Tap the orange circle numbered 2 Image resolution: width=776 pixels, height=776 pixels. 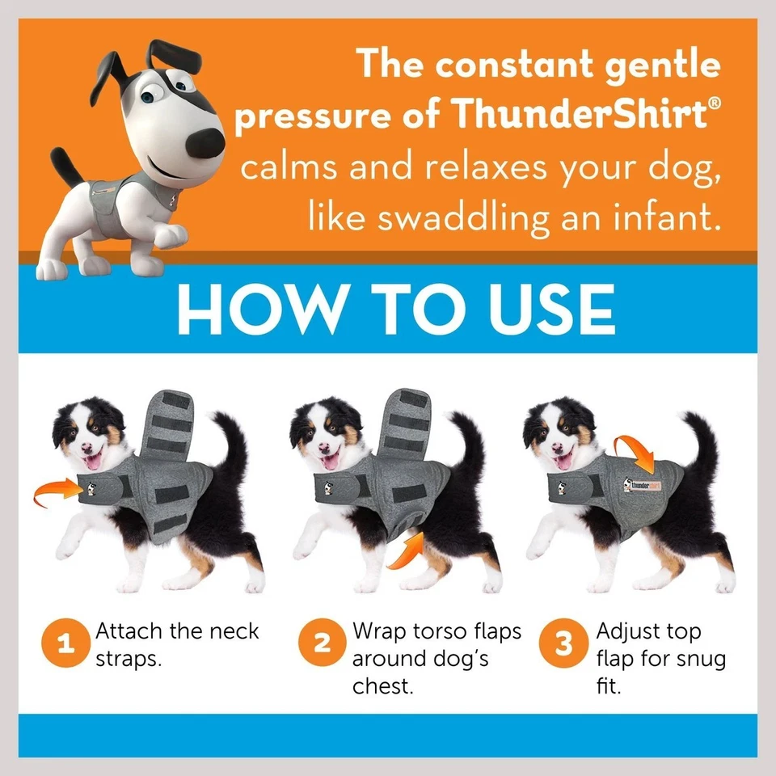point(322,645)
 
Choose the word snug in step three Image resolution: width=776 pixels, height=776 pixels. point(698,660)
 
